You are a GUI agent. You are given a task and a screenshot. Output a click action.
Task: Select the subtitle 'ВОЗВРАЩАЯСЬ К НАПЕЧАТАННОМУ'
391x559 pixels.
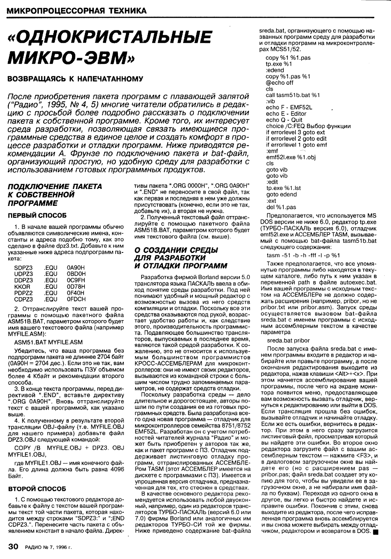(x=75, y=79)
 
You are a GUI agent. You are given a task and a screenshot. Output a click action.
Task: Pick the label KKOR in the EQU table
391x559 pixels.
(x=22, y=287)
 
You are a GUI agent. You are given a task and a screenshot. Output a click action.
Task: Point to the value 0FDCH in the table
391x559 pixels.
(x=76, y=299)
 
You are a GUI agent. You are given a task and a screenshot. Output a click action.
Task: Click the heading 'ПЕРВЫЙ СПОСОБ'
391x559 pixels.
(x=37, y=215)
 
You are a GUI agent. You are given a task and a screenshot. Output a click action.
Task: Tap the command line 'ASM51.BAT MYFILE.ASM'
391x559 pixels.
(x=48, y=342)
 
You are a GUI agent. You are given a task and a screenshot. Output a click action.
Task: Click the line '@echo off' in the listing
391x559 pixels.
(x=279, y=83)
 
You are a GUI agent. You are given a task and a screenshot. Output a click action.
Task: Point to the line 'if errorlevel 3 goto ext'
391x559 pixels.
(x=295, y=132)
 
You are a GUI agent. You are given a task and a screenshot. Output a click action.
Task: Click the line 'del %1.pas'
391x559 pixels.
(x=281, y=207)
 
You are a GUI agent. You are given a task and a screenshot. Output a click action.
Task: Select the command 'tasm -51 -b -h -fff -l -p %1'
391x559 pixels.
(x=303, y=255)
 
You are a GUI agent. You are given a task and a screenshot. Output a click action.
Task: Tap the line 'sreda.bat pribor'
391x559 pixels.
(x=288, y=340)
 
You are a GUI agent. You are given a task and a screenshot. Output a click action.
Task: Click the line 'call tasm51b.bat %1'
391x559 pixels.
(x=293, y=95)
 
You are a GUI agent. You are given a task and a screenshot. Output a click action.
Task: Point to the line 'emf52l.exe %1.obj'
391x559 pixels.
(x=291, y=157)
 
